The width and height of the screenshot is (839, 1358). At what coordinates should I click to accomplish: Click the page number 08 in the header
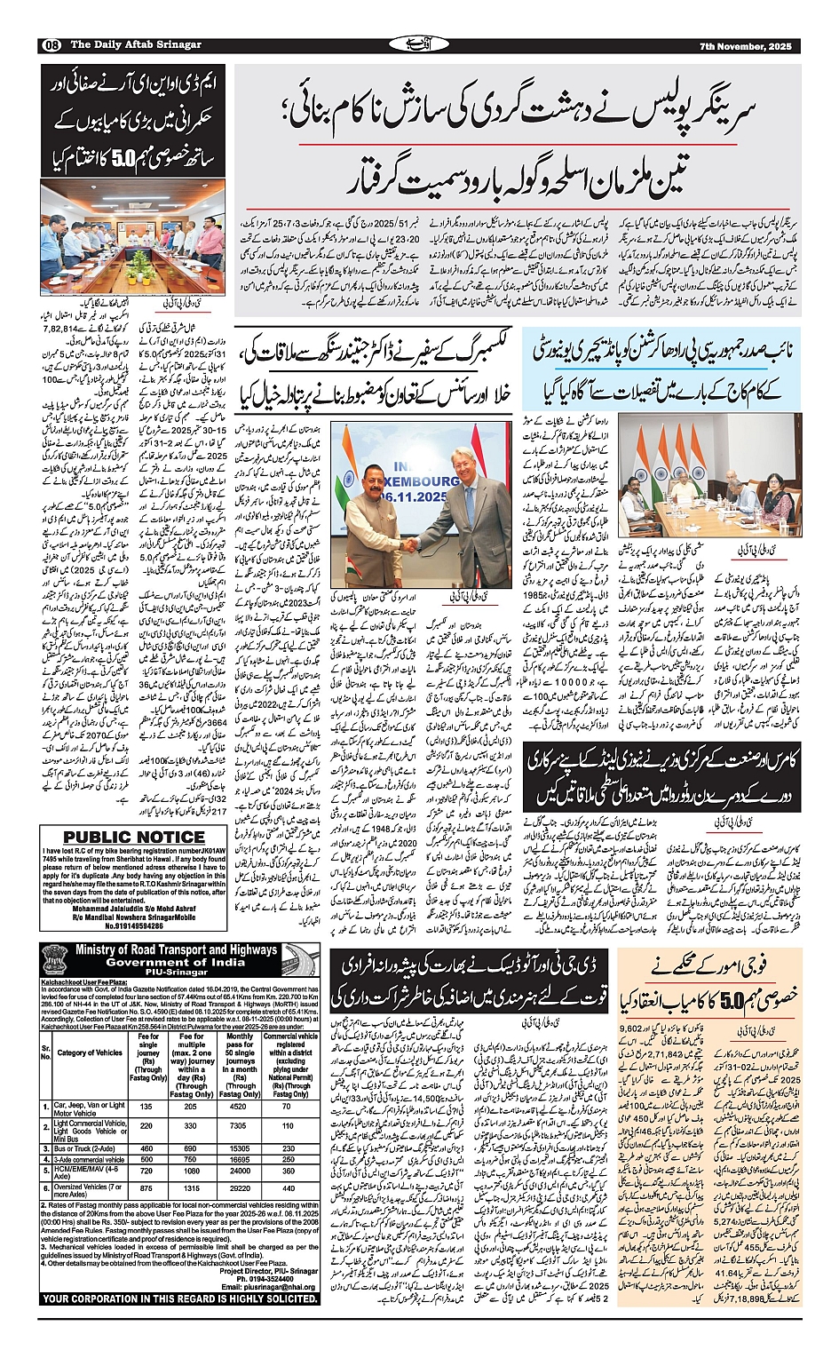pos(51,45)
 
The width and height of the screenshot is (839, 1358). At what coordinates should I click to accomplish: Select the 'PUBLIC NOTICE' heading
pos(134,837)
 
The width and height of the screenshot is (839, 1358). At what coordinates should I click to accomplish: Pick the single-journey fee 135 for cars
pos(146,1107)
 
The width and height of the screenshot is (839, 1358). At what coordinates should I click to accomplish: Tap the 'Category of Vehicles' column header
pos(90,1052)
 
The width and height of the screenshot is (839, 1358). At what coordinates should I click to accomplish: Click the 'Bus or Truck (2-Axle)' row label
pos(84,1148)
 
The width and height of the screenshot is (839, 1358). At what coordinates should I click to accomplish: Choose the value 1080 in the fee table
pos(191,1171)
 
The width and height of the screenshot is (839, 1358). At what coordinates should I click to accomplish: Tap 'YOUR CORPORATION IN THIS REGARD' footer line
pos(180,1298)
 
